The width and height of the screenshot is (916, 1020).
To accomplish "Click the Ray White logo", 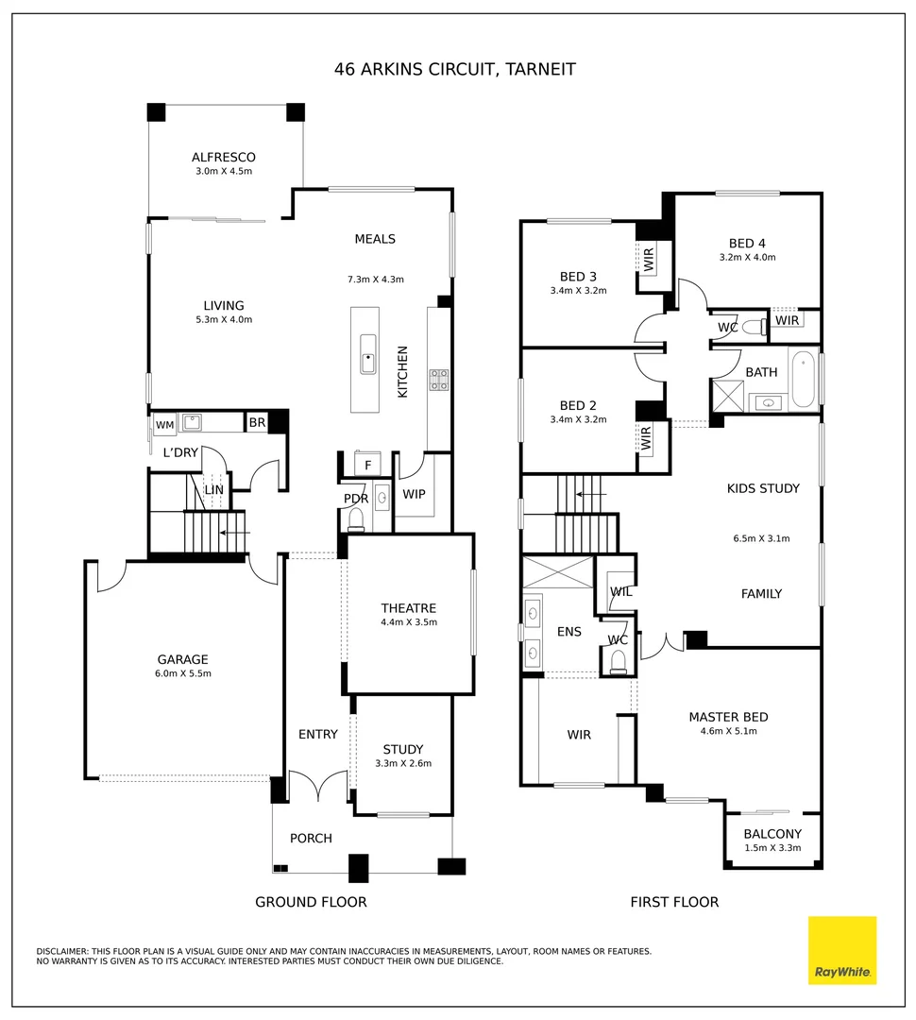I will coord(842,950).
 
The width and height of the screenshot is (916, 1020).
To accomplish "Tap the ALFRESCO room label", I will coord(224,158).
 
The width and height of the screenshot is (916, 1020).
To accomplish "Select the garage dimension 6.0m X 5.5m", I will coord(183,673).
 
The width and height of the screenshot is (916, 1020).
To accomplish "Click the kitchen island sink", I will coord(367,354).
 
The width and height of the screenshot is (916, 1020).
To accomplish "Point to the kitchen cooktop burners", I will coord(439,380).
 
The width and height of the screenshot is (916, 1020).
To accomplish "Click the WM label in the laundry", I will coord(164,425).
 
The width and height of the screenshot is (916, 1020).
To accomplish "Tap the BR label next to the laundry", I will coord(257,423).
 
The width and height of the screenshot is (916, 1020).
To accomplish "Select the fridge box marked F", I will coord(368,465).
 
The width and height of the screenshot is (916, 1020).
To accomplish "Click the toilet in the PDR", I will coord(357,518).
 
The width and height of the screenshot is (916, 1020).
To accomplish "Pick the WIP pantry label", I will coord(414,494).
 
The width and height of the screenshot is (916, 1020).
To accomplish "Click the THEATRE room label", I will coord(408,608).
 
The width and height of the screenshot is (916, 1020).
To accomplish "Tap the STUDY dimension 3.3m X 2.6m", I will coord(403,763).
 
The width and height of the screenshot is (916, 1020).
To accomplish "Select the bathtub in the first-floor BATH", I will coord(803,380).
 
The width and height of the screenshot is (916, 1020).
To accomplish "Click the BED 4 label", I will coord(747,243).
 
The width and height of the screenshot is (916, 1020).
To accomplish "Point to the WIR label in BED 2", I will coord(647,437).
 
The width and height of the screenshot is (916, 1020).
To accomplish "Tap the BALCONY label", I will coord(772,834).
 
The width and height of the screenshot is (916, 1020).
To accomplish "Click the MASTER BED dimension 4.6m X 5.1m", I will coord(728,731).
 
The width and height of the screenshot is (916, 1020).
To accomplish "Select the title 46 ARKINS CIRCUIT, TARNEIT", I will coord(455,69).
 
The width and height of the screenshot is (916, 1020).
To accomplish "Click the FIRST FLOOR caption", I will coord(674,902).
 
